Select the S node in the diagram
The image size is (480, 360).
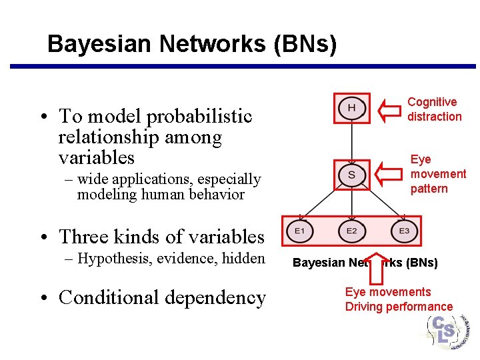coord(351,175)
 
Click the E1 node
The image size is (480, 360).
coord(299,231)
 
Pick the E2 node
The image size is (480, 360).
coord(351,231)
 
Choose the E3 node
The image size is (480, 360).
coord(404,231)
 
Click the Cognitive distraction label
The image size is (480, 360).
coord(434,109)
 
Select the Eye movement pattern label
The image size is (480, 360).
coord(438,174)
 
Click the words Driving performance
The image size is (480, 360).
coord(399,307)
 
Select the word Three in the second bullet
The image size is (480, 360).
coord(81,237)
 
